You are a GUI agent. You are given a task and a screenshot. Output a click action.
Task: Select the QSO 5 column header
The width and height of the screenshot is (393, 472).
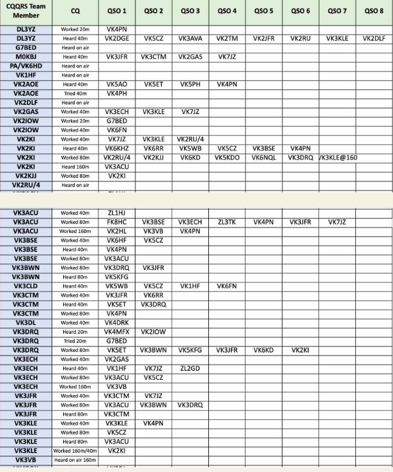point(264,10)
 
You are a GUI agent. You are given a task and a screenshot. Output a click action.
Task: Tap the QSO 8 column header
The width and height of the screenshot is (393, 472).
point(374,10)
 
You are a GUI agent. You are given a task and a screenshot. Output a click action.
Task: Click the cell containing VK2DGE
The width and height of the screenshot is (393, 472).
point(117,38)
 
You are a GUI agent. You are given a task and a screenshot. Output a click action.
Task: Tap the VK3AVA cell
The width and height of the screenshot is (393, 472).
point(190,38)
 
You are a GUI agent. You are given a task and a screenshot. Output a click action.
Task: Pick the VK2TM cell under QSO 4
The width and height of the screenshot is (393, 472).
point(227,38)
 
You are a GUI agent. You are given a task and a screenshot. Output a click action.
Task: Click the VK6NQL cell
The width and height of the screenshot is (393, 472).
point(264,157)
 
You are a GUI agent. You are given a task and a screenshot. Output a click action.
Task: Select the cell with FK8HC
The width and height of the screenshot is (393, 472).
point(117,222)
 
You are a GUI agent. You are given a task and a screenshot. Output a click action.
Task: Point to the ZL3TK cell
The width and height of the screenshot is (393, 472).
point(227,222)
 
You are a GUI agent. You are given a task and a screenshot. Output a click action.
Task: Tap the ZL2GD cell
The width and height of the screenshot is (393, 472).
point(190,368)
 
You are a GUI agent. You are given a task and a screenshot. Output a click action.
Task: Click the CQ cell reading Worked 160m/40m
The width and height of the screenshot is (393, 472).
point(75,451)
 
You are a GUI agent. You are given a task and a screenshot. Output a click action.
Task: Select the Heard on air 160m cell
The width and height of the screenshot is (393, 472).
point(75,460)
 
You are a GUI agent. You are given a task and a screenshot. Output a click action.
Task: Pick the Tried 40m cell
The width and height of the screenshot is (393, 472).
point(75,93)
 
